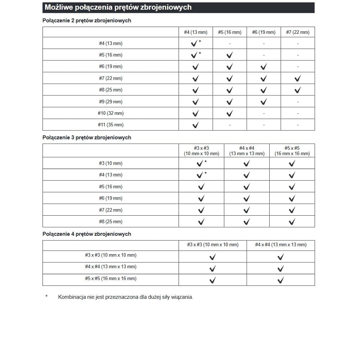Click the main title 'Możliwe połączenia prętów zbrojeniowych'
[118, 7]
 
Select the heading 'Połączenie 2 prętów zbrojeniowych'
[87, 21]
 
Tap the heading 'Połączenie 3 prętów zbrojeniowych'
[87, 138]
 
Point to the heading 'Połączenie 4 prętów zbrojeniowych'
[87, 234]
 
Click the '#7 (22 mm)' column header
[298, 32]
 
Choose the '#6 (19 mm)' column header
[264, 32]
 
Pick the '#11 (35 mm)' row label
[111, 125]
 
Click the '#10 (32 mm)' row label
[111, 113]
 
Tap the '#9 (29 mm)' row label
[111, 102]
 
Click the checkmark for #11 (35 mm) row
[195, 125]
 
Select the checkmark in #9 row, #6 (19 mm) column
[264, 102]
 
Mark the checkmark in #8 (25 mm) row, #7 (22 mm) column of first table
[298, 90]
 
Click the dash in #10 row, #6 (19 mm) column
[264, 113]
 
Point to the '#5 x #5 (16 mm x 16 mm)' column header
[292, 150]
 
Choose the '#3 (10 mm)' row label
[111, 163]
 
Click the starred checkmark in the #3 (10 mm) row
[200, 163]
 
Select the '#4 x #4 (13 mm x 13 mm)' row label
[111, 267]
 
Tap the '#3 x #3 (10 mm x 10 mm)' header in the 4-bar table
[213, 245]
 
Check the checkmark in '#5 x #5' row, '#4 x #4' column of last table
[281, 280]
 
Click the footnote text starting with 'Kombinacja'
[126, 297]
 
